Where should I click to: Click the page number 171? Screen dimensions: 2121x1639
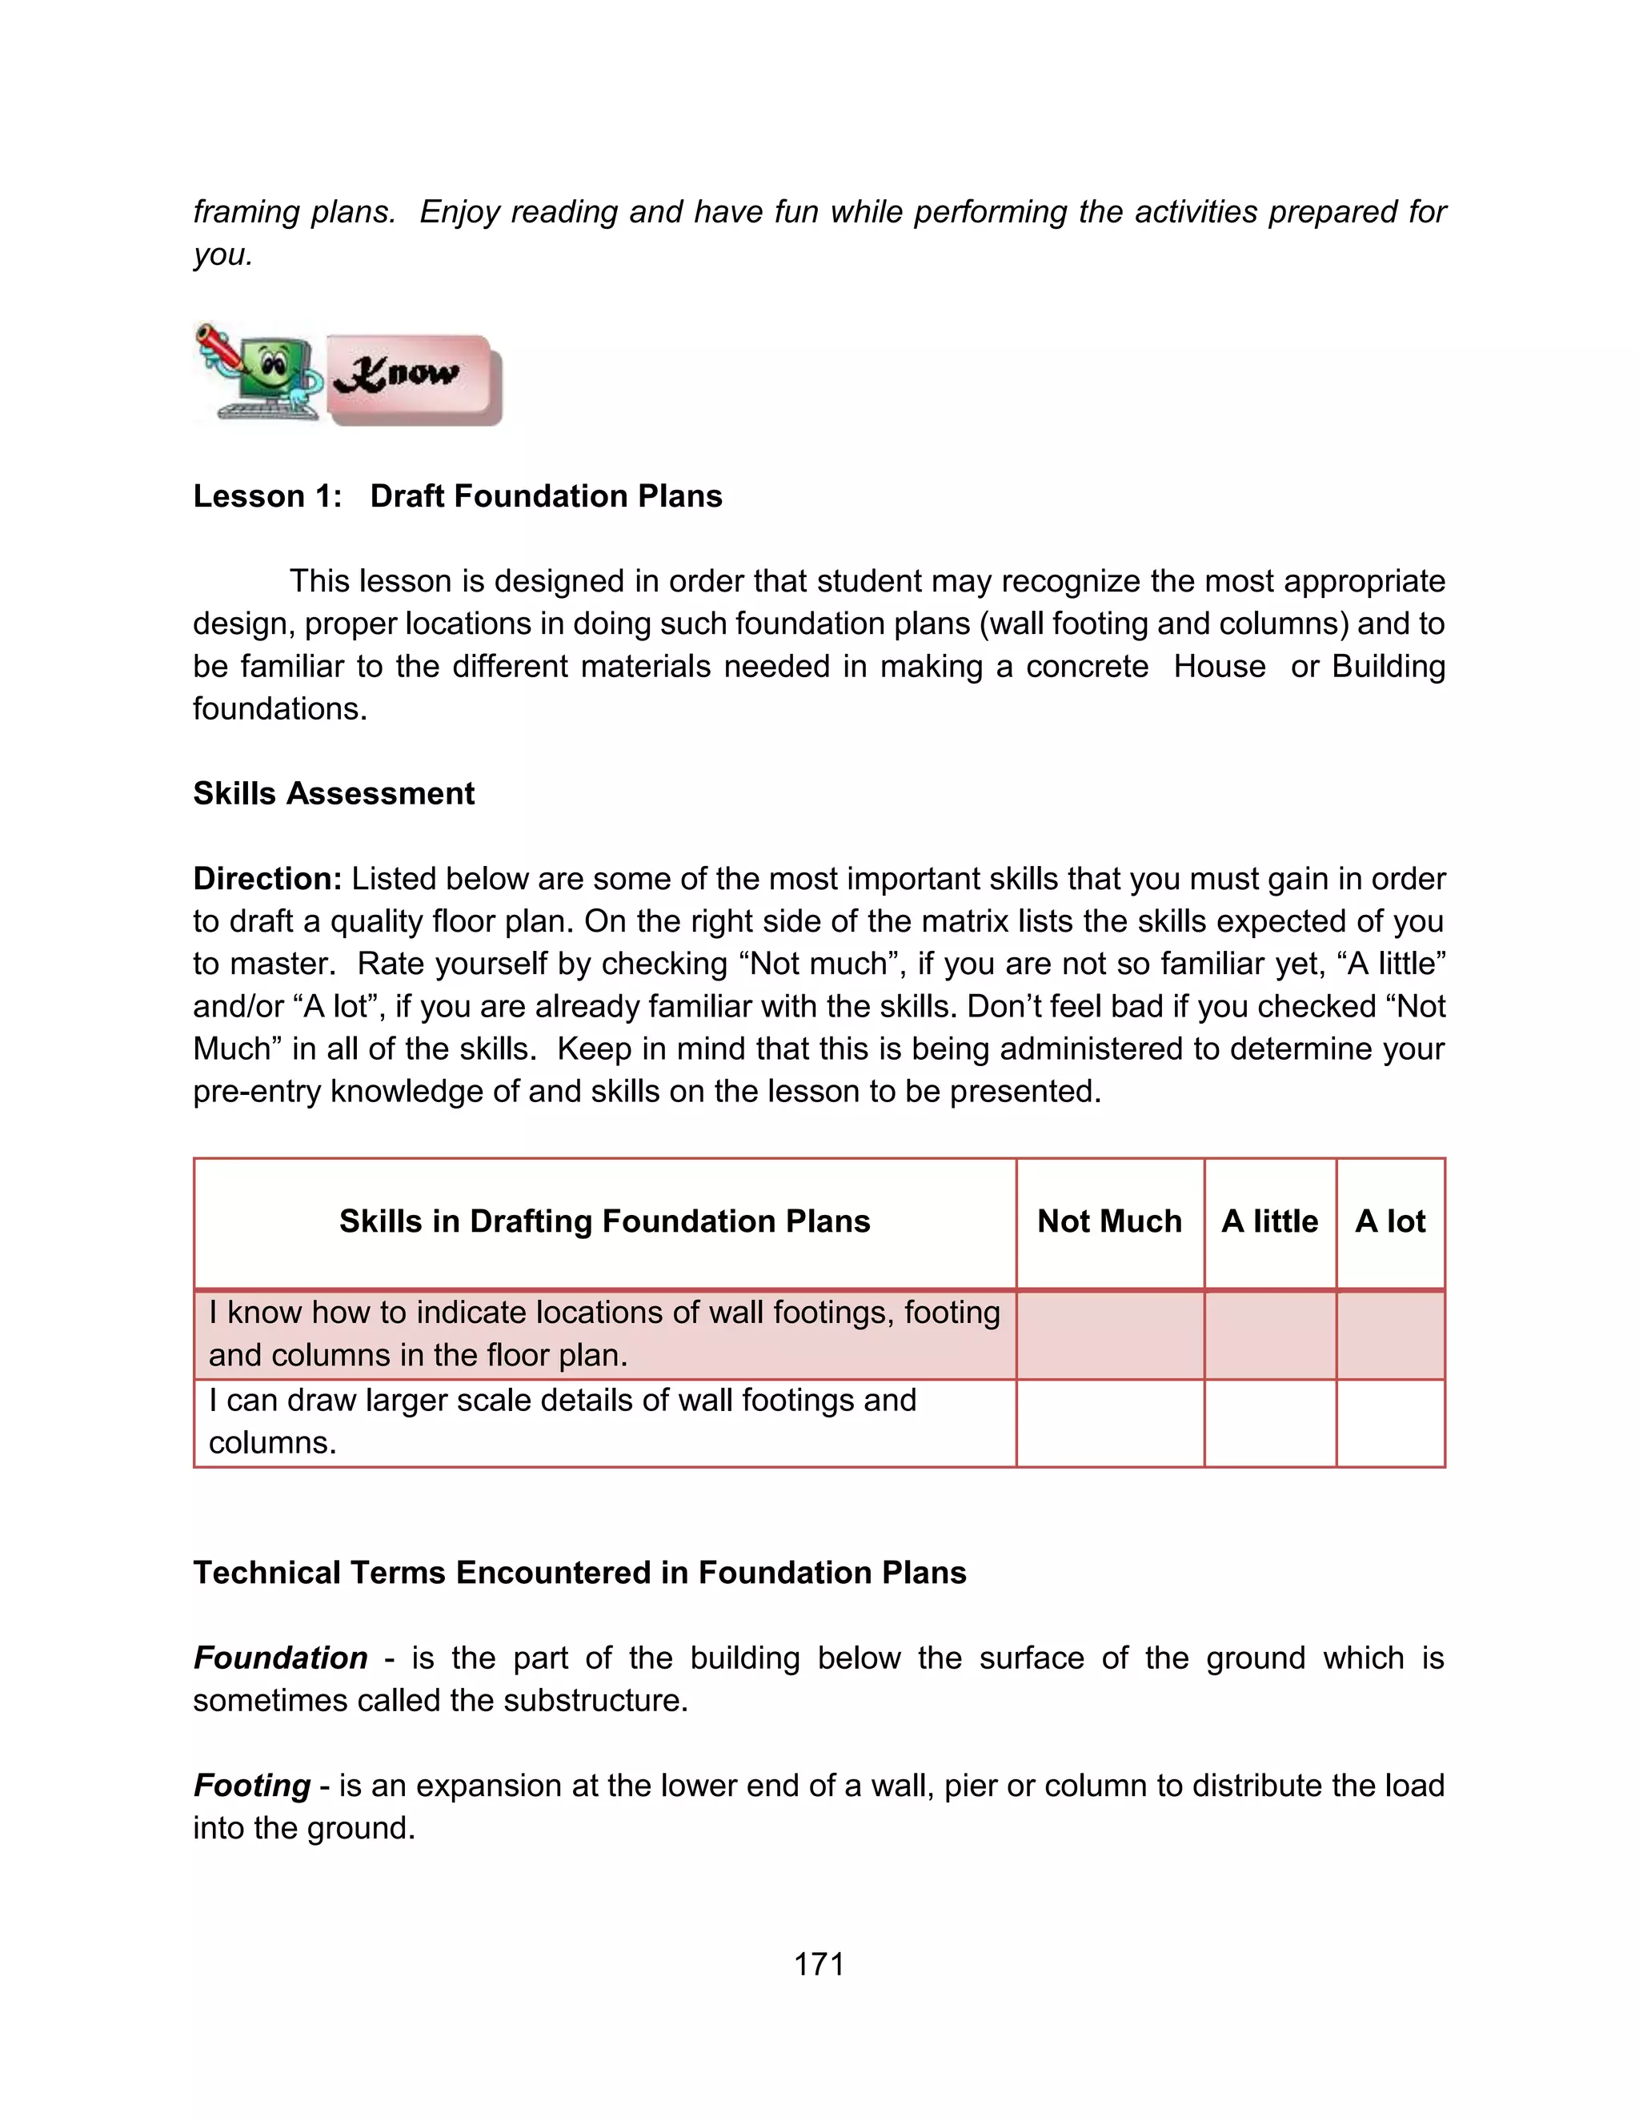[x=819, y=1963]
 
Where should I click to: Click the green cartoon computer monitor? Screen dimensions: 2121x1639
[x=272, y=370]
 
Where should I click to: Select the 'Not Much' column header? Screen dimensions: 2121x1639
[x=1109, y=1221]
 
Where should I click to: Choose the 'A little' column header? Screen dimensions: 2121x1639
[x=1269, y=1221]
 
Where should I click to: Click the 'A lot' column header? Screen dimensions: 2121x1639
[x=1389, y=1221]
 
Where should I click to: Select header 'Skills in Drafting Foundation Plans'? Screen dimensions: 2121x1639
[x=604, y=1221]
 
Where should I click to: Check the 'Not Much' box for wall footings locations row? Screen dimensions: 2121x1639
[x=1109, y=1334]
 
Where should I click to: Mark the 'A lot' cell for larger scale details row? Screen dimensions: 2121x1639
[x=1389, y=1423]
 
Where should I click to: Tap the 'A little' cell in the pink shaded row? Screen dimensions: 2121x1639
[x=1269, y=1334]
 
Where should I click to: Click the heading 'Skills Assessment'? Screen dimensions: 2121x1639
[x=333, y=793]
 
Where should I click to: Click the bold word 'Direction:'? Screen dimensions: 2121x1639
[x=267, y=879]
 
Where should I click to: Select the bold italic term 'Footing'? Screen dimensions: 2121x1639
[x=251, y=1785]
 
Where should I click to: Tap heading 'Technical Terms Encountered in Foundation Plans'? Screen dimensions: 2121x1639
[x=579, y=1572]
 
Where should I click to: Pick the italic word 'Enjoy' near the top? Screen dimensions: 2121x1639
[x=460, y=212]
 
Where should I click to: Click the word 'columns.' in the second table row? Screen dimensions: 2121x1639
[x=272, y=1443]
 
